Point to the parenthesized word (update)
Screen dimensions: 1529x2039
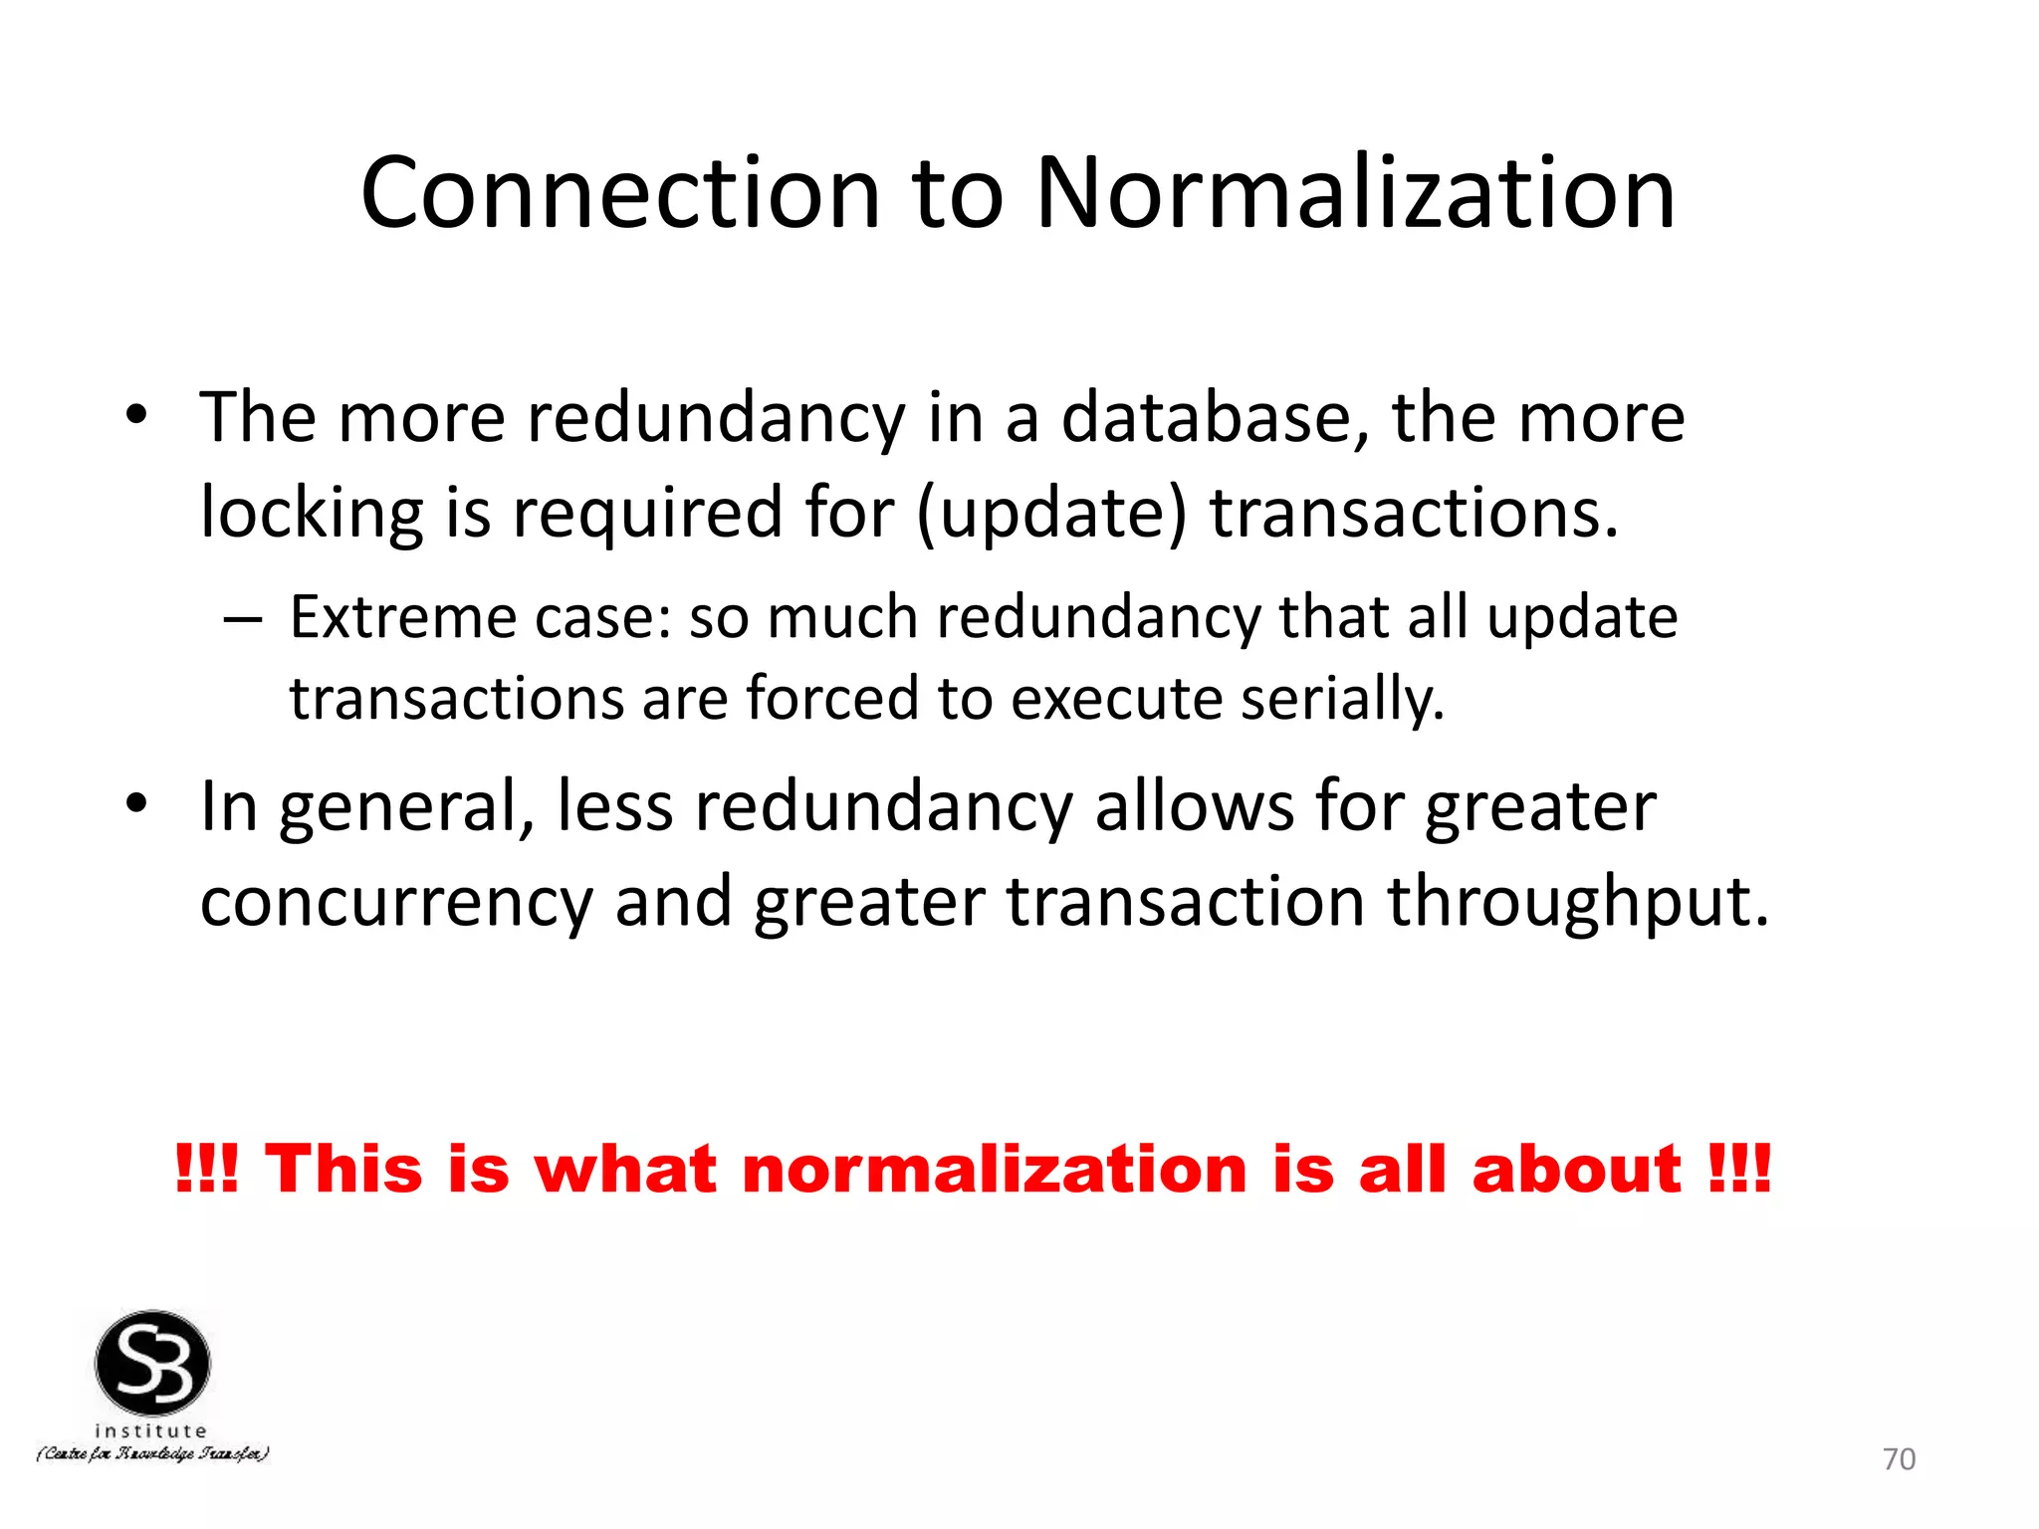[x=1051, y=515]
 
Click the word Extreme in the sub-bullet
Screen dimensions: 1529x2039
[x=403, y=618]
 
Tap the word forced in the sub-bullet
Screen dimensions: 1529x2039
[x=833, y=699]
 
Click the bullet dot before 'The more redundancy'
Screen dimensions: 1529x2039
[x=136, y=415]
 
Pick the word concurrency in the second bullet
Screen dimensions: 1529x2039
[x=396, y=903]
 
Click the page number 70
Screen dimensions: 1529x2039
[x=1899, y=1458]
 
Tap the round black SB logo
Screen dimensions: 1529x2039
[x=152, y=1363]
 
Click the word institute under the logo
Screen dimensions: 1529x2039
[x=150, y=1431]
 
